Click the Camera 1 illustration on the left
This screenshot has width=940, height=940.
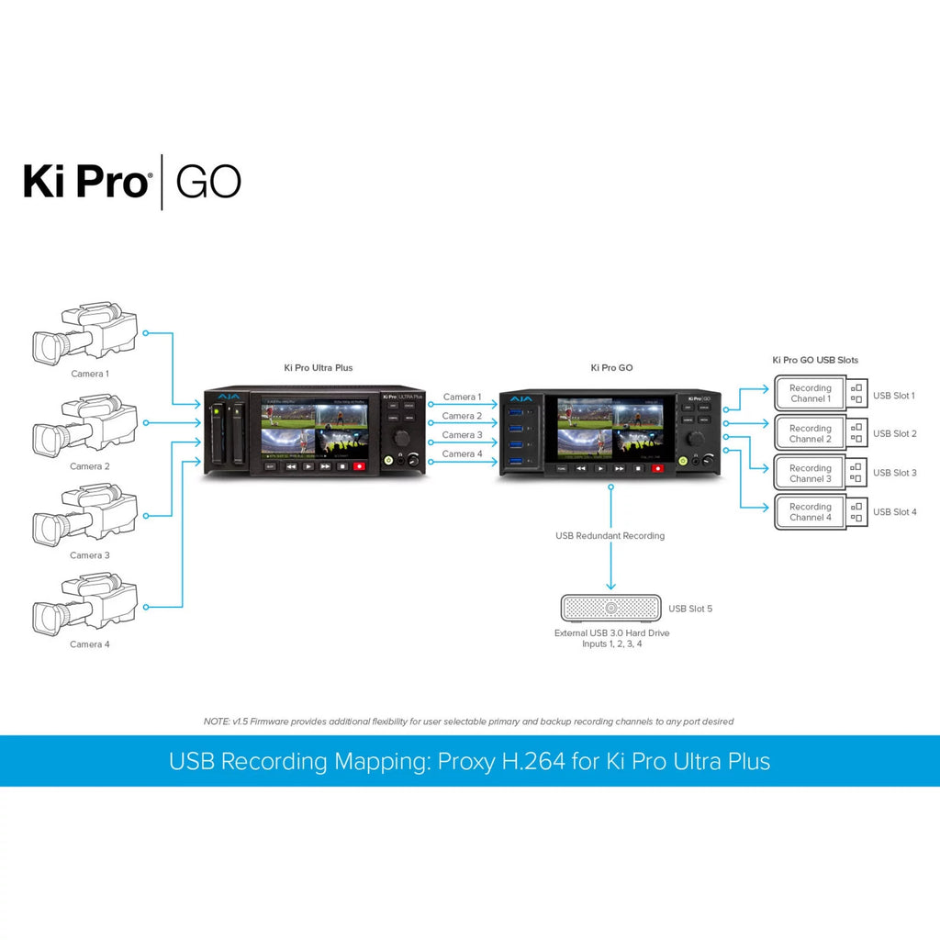click(x=84, y=334)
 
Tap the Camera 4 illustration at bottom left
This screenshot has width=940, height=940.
click(x=84, y=605)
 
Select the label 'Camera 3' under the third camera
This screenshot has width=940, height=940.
click(x=89, y=555)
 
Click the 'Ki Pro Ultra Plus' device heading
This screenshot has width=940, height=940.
click(x=318, y=368)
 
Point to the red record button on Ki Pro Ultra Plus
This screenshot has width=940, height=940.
click(x=359, y=466)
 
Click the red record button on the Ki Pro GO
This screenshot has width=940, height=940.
click(x=657, y=468)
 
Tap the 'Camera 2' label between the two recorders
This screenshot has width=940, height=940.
click(x=462, y=416)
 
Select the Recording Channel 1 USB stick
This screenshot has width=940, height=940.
click(x=820, y=394)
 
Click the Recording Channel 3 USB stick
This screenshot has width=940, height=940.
click(x=820, y=473)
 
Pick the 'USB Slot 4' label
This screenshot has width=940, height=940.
click(x=894, y=512)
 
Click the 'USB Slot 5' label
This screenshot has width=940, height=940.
click(x=690, y=609)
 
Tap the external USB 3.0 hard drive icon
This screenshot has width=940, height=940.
click(x=610, y=608)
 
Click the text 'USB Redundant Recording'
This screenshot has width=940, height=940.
click(x=610, y=535)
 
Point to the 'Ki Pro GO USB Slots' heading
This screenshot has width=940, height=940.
click(x=815, y=361)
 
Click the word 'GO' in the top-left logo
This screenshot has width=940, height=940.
click(x=208, y=182)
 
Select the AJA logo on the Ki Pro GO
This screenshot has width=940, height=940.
click(x=521, y=400)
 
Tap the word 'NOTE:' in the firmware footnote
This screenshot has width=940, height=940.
click(x=217, y=722)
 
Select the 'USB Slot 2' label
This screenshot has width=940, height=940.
click(x=894, y=433)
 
